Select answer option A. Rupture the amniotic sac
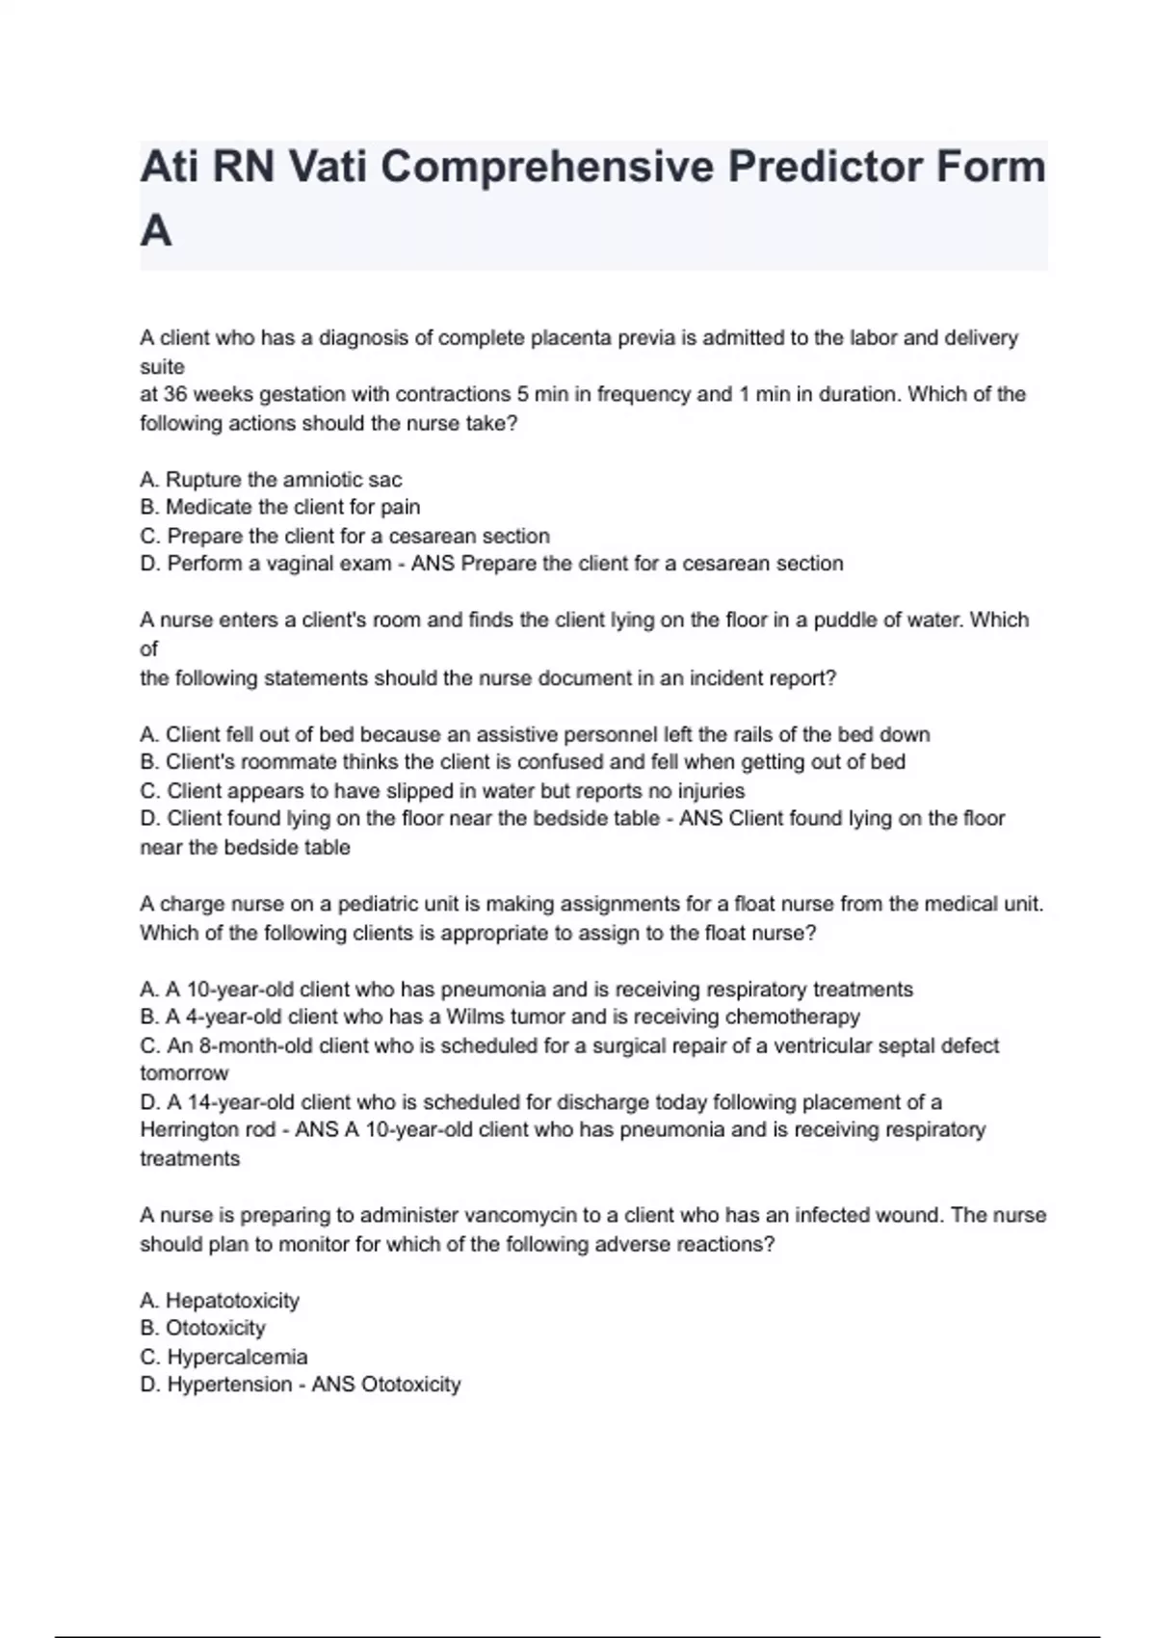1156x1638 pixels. [x=271, y=479]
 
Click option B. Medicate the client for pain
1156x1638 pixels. [x=279, y=507]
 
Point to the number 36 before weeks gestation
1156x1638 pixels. [x=176, y=394]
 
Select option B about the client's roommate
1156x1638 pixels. [x=522, y=762]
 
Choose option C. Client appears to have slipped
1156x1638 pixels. [x=442, y=791]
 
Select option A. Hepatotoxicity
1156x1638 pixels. [x=220, y=1301]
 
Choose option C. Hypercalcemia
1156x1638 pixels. [x=223, y=1357]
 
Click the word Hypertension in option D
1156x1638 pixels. [x=229, y=1385]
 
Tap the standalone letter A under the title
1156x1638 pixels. [x=156, y=231]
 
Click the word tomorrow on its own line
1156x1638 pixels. [x=184, y=1073]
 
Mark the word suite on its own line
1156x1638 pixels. [x=162, y=366]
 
